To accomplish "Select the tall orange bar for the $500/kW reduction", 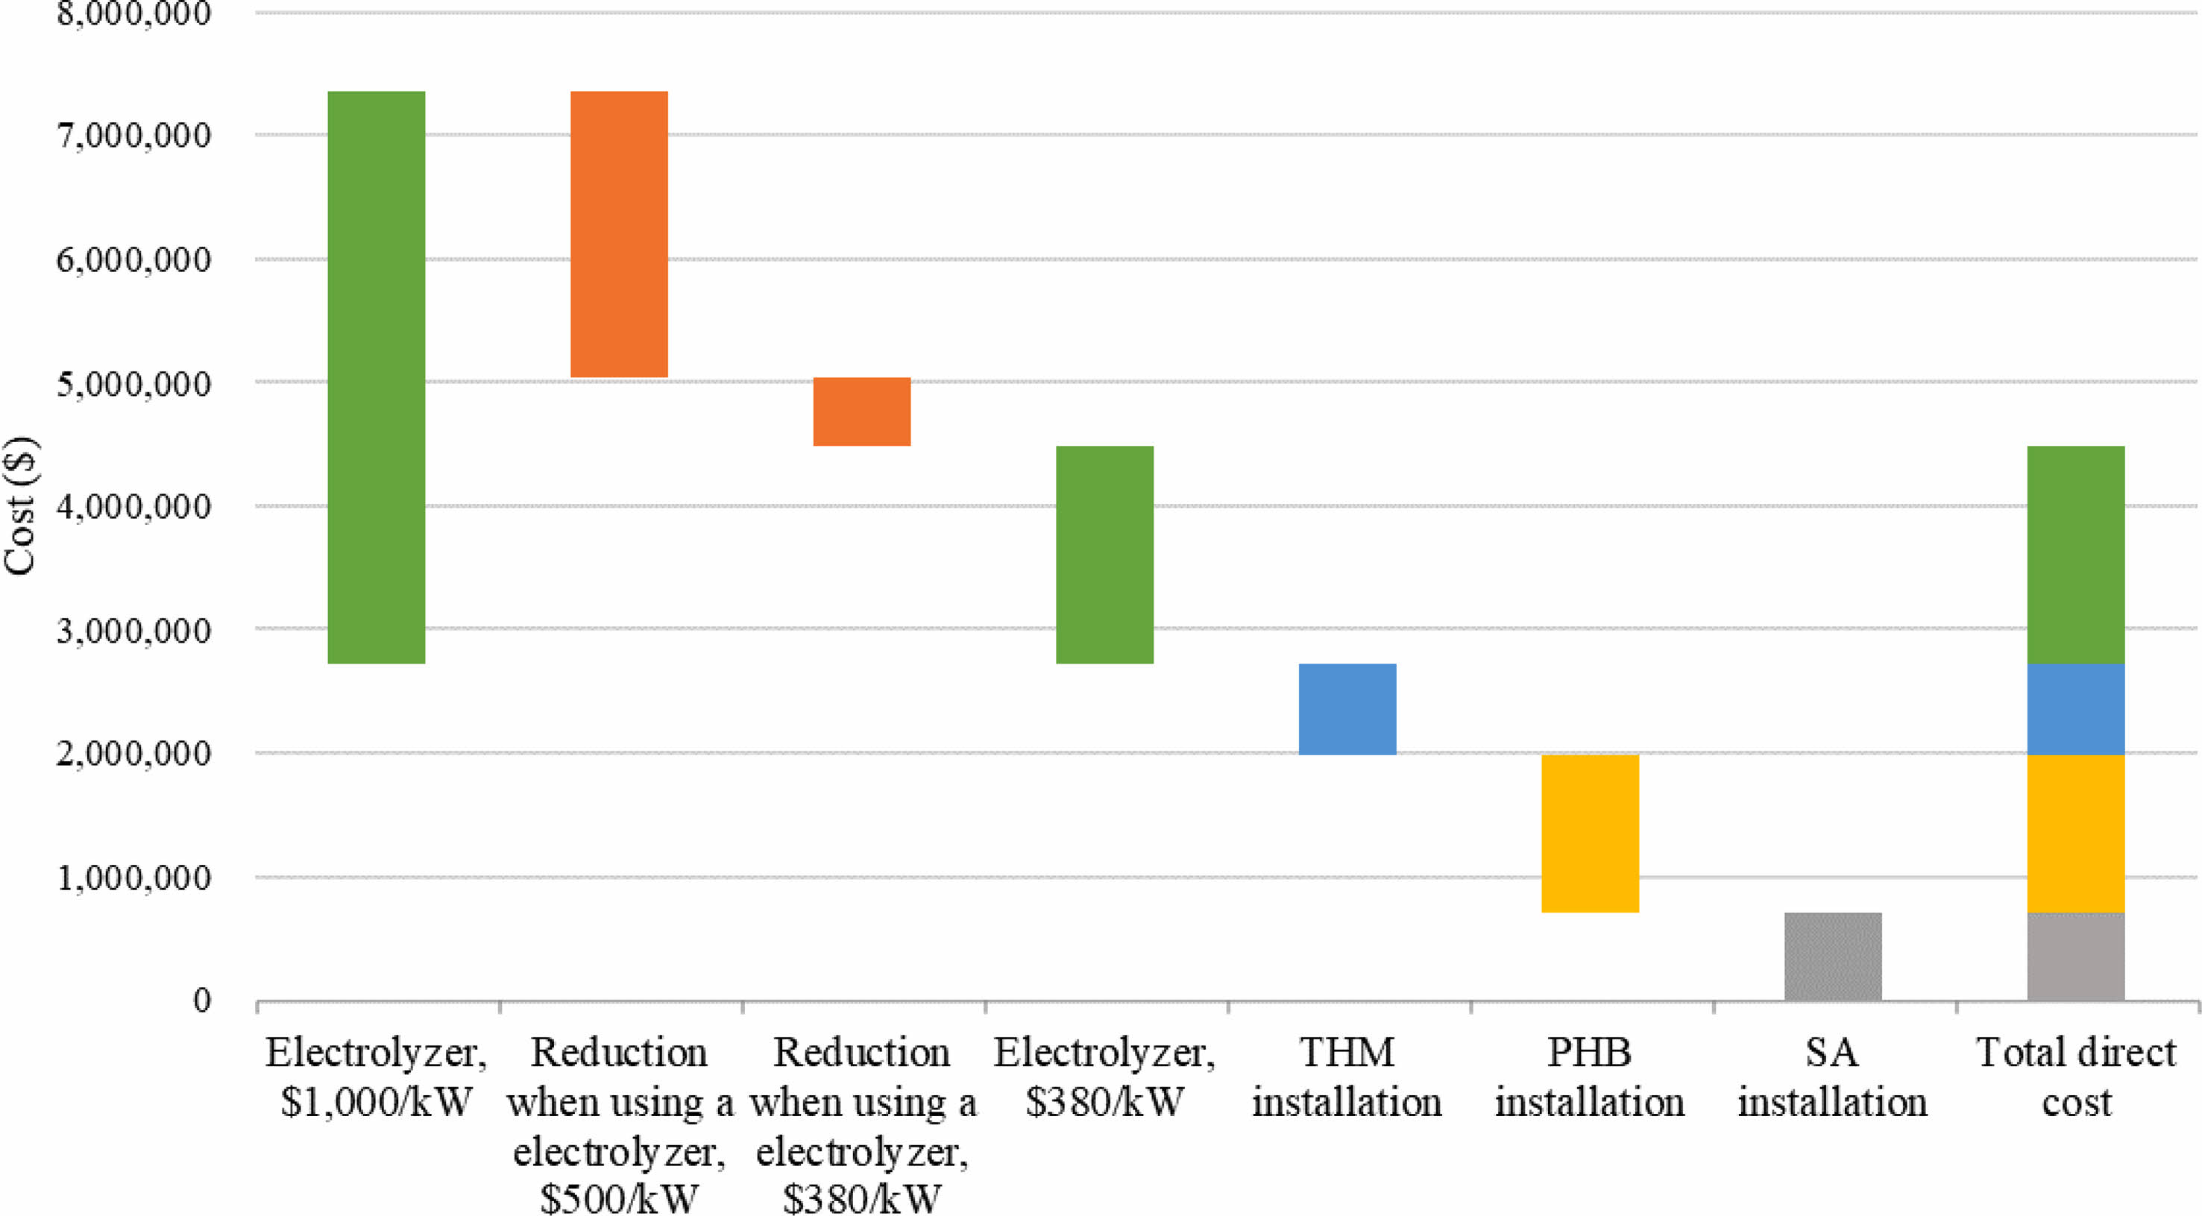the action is [619, 234].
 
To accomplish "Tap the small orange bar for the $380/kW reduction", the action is [862, 412].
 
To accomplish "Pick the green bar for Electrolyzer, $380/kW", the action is [1104, 555].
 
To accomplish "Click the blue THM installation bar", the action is [1347, 709].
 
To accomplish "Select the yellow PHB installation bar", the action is [1590, 834].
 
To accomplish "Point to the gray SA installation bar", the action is [1833, 957].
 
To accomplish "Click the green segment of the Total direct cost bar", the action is [2075, 555].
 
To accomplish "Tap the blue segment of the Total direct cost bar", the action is [2075, 709].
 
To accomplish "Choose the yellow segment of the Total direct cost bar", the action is [2075, 834].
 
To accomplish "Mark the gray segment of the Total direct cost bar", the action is [2075, 957].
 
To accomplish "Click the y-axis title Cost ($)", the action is [19, 506].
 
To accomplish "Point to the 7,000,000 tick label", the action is [133, 136].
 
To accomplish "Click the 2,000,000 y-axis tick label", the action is [133, 754].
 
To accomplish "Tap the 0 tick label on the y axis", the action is [202, 1000].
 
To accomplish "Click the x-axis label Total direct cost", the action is [2076, 1077].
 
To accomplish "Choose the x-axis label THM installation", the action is [1347, 1077].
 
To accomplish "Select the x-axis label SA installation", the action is [1833, 1077].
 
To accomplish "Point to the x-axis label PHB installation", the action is [1590, 1077].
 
